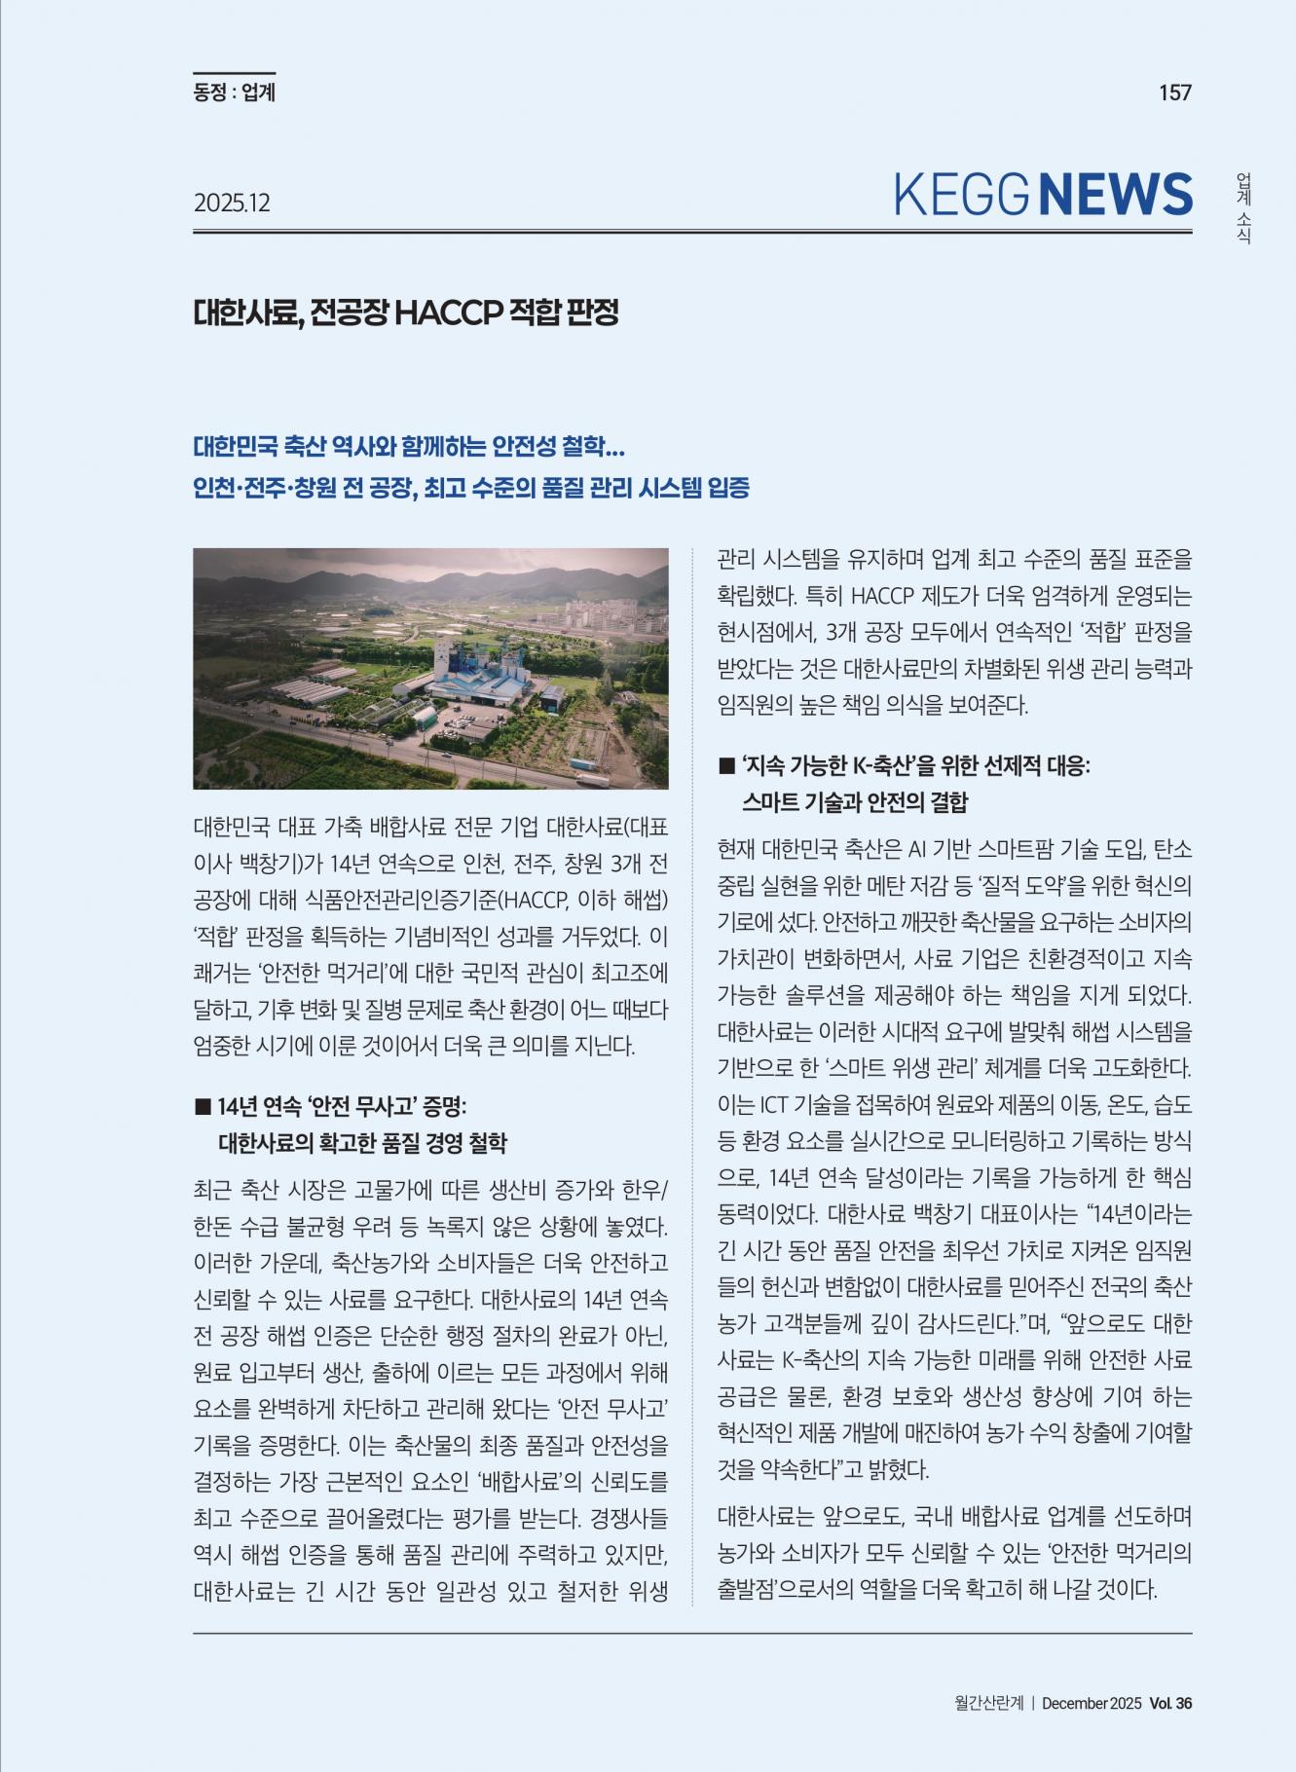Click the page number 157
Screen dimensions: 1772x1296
tap(1174, 92)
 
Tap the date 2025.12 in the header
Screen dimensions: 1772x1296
tap(232, 203)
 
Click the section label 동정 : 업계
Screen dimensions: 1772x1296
tap(234, 92)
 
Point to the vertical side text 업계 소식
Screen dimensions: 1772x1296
tap(1243, 208)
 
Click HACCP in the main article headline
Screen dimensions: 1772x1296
tap(449, 313)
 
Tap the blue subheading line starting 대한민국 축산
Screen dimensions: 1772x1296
tap(409, 447)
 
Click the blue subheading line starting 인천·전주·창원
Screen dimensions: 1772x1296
tap(471, 487)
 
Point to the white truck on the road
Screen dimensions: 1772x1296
tap(592, 779)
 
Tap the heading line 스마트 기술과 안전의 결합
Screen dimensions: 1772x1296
tap(855, 802)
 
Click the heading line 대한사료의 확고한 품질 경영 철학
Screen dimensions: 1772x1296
tap(362, 1142)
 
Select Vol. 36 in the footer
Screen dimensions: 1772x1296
tap(1170, 1703)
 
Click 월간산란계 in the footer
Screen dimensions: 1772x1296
tap(988, 1703)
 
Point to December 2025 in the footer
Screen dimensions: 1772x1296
tap(1091, 1703)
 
